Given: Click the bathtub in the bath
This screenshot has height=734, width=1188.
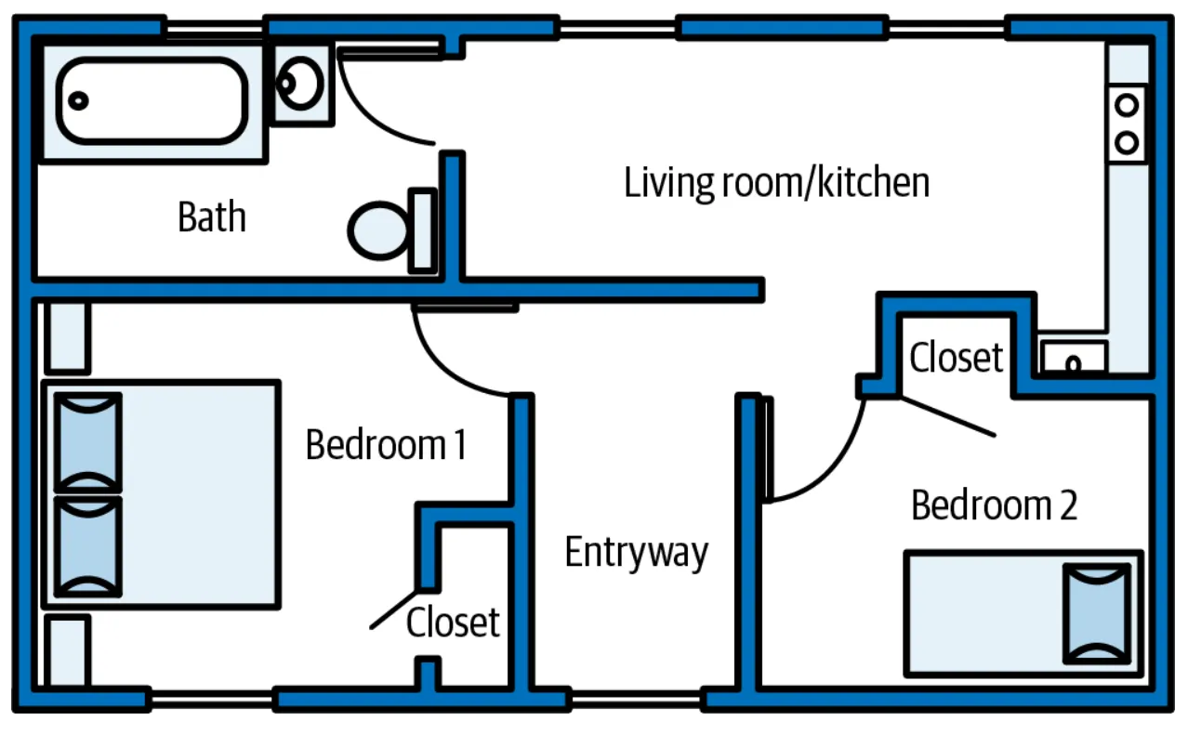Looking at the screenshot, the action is point(152,100).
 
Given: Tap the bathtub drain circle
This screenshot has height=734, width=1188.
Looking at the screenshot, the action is point(78,100).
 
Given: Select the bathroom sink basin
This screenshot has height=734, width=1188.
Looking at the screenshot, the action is point(300,84).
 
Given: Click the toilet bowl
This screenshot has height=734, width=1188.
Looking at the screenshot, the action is point(378,230).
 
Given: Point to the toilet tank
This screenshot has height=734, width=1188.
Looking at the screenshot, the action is point(423,230).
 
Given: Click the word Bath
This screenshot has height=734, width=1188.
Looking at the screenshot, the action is point(212,216).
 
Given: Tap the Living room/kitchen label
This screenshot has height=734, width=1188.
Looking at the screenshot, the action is point(776,183).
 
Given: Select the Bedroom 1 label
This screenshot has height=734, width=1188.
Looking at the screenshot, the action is point(386,444).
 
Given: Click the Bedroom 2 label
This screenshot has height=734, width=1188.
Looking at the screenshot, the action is point(994,505).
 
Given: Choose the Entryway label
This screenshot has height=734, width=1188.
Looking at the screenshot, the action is point(637,553).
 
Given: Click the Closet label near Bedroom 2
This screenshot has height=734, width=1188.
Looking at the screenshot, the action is point(956,357).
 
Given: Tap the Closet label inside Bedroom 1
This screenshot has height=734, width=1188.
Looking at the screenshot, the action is point(453,622).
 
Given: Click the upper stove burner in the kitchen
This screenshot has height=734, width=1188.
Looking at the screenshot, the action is point(1127,105).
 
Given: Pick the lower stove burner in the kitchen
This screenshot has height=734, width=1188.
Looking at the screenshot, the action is point(1127,142).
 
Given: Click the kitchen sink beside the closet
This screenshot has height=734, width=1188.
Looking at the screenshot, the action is point(1074,357).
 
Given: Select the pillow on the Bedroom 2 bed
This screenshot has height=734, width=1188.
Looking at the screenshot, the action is point(1097,614).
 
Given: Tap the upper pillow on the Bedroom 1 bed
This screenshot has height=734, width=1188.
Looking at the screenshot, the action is point(88,443).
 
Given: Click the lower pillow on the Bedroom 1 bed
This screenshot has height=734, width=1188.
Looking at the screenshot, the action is point(88,547).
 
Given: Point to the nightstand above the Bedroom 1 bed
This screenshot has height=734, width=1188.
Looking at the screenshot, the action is point(67,337).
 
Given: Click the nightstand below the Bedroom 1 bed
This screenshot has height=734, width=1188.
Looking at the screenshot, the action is point(67,650).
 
